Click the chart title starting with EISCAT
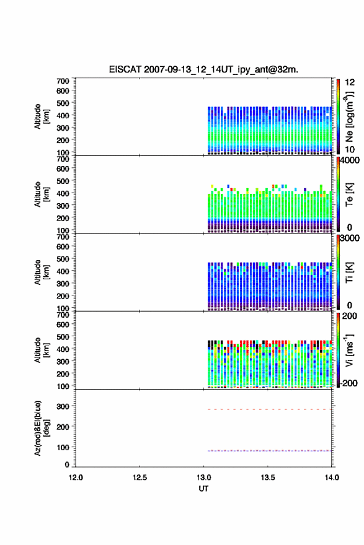point(203,69)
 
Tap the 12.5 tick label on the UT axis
point(140,477)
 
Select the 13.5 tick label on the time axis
point(268,477)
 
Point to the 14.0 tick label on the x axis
point(332,477)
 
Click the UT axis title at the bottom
point(203,489)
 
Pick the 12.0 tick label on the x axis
point(76,477)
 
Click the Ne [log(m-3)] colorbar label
point(349,116)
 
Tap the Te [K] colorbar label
point(349,194)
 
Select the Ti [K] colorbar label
point(349,272)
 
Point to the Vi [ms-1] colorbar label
point(349,351)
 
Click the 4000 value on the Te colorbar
point(350,161)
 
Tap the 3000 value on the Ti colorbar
point(350,238)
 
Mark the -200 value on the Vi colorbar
point(347,383)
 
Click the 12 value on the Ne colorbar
point(350,82)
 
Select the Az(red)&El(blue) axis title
point(41,428)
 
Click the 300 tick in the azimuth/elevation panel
point(63,406)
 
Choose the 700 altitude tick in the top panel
point(63,81)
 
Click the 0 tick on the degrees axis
point(67,464)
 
